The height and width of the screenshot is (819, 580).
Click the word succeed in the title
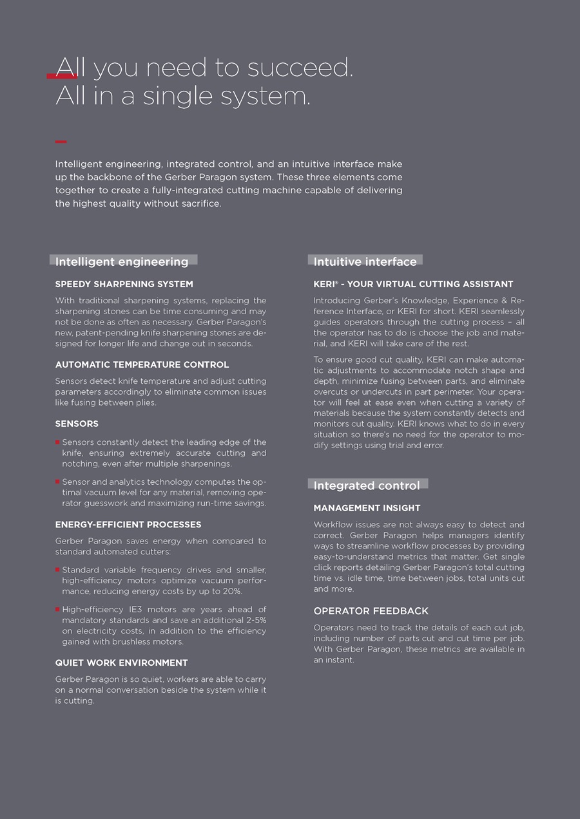(311, 68)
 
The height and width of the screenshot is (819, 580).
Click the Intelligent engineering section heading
(122, 261)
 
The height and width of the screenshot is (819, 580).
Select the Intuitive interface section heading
(365, 261)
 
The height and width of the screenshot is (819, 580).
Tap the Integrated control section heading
(366, 485)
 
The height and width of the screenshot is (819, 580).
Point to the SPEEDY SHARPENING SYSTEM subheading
(124, 284)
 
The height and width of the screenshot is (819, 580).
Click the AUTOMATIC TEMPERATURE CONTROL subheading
(142, 364)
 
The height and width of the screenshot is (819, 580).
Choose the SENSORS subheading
(77, 424)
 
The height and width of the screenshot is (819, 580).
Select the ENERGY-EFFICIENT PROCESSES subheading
(128, 524)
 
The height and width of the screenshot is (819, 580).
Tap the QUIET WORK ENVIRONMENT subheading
(121, 663)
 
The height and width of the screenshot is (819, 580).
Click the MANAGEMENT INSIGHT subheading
(367, 508)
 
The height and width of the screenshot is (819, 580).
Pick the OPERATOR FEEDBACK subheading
(371, 611)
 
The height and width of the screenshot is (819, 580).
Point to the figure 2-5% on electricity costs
(254, 620)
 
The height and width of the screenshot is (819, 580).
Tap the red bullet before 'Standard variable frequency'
(57, 569)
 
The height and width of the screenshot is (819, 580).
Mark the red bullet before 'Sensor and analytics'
(57, 481)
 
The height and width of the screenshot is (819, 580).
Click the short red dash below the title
(61, 142)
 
